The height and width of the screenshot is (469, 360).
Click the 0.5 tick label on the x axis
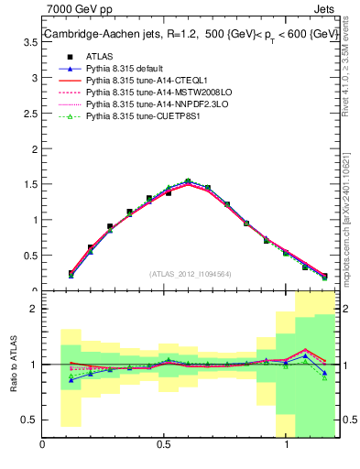pyautogui.click(x=164, y=445)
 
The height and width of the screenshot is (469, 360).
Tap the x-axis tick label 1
pyautogui.click(x=286, y=445)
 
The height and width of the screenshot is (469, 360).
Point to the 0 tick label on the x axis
pyautogui.click(x=43, y=445)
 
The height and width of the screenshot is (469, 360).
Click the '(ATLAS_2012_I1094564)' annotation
pyautogui.click(x=191, y=274)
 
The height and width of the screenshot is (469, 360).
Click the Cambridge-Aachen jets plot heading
pyautogui.click(x=183, y=35)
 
